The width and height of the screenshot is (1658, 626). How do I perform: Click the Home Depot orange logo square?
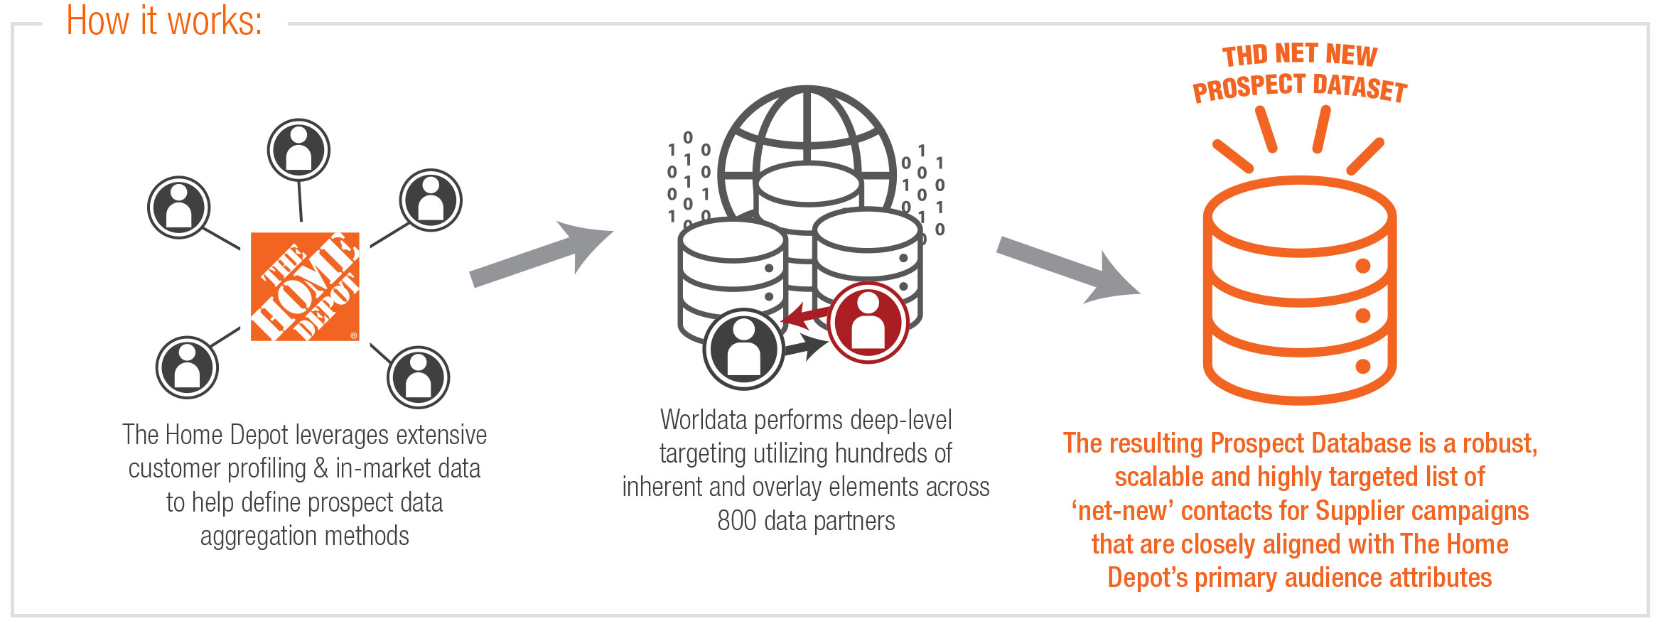[x=305, y=286]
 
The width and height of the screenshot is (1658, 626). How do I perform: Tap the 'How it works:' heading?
[x=164, y=21]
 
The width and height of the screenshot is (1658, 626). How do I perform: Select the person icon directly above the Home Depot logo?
[x=298, y=150]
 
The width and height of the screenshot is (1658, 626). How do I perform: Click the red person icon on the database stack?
[x=868, y=323]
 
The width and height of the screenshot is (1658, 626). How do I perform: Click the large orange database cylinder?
[x=1299, y=291]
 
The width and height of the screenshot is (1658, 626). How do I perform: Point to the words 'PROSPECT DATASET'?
[x=1299, y=88]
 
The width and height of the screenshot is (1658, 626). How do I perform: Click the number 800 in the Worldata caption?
[x=737, y=521]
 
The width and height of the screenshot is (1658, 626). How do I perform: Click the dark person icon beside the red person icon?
[x=743, y=349]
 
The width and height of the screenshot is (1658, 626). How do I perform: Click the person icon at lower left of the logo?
[x=187, y=367]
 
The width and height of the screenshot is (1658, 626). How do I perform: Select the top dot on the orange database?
[x=1362, y=266]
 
